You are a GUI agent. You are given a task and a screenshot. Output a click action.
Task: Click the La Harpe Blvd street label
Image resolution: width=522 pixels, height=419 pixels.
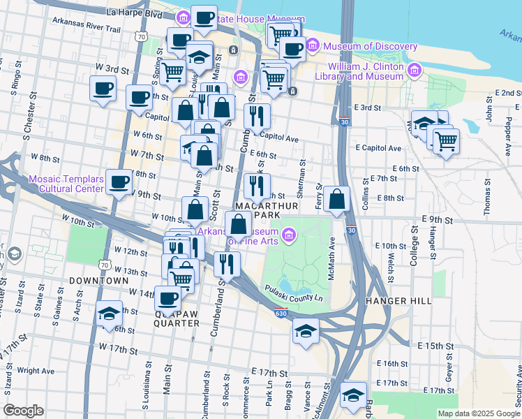[x=134, y=13]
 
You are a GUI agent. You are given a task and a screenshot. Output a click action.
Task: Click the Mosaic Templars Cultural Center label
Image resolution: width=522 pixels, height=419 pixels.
[x=66, y=184]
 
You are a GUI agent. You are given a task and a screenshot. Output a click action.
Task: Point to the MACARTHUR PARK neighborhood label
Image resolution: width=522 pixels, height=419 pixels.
[x=267, y=211]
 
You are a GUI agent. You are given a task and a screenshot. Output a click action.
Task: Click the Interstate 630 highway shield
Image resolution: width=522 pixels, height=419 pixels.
[x=281, y=315]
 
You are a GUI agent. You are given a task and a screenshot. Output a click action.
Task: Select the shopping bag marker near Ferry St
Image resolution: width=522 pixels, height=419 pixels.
[x=336, y=200]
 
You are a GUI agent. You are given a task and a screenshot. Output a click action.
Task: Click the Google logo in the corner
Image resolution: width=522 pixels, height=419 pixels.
[x=23, y=411]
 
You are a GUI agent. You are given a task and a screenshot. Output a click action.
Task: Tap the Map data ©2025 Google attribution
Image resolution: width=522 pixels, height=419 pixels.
[x=478, y=413]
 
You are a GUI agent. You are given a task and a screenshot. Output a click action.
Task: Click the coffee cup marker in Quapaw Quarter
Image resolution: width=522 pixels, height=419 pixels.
[x=167, y=298]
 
